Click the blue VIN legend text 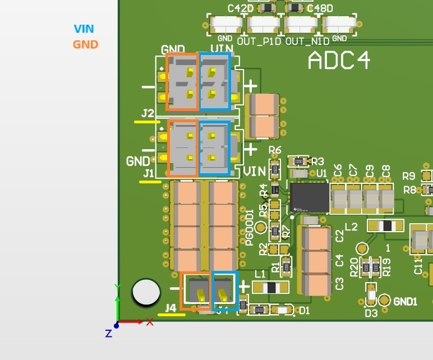click(84, 29)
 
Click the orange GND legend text click(85, 44)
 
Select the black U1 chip click(309, 197)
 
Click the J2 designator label click(148, 114)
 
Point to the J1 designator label click(148, 174)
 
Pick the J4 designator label click(171, 308)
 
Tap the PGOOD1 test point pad click(261, 228)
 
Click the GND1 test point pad click(384, 301)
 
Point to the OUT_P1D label click(260, 41)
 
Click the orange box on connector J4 click(196, 290)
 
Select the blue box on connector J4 click(225, 290)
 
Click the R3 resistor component click(299, 161)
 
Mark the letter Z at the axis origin click(109, 334)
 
